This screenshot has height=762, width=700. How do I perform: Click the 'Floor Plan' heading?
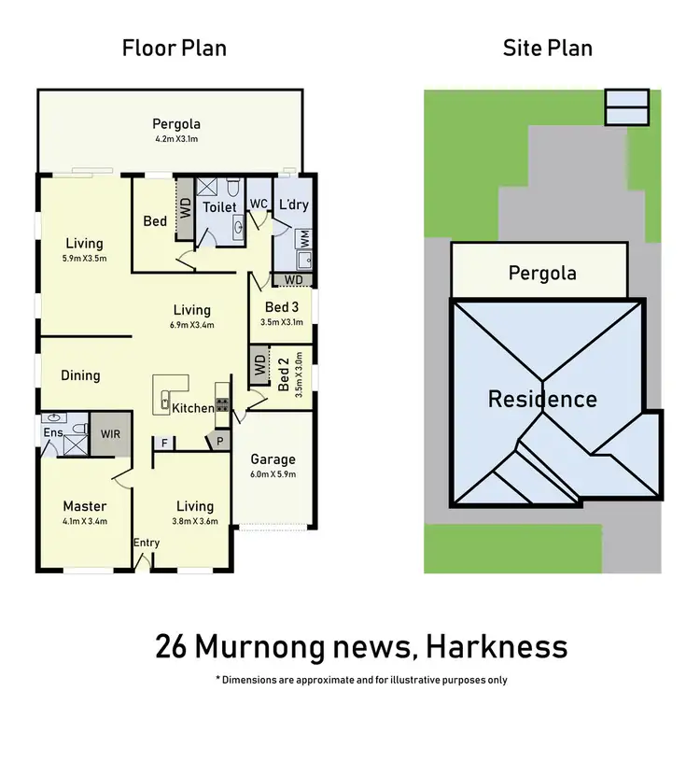pyautogui.click(x=175, y=48)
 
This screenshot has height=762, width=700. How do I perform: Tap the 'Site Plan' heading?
pyautogui.click(x=547, y=48)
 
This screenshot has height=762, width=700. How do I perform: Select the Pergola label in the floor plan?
pyautogui.click(x=176, y=124)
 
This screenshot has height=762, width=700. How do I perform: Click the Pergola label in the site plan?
pyautogui.click(x=541, y=274)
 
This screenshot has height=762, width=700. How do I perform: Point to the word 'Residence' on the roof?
pyautogui.click(x=542, y=400)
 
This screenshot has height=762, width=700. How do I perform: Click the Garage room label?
pyautogui.click(x=273, y=459)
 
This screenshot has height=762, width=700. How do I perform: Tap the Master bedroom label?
pyautogui.click(x=84, y=507)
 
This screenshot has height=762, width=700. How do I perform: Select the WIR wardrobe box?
pyautogui.click(x=111, y=435)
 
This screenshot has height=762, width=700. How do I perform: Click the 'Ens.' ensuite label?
pyautogui.click(x=52, y=432)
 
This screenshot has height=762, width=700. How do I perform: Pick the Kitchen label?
pyautogui.click(x=192, y=408)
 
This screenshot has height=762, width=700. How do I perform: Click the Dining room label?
pyautogui.click(x=80, y=375)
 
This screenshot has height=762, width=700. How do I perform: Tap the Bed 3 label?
pyautogui.click(x=282, y=307)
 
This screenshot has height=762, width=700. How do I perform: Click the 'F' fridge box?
pyautogui.click(x=164, y=442)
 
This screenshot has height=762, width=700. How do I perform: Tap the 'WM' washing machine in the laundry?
pyautogui.click(x=305, y=237)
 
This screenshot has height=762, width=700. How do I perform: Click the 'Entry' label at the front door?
pyautogui.click(x=147, y=543)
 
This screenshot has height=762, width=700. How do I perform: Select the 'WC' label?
pyautogui.click(x=259, y=204)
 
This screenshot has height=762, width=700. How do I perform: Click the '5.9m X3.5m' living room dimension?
pyautogui.click(x=85, y=259)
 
